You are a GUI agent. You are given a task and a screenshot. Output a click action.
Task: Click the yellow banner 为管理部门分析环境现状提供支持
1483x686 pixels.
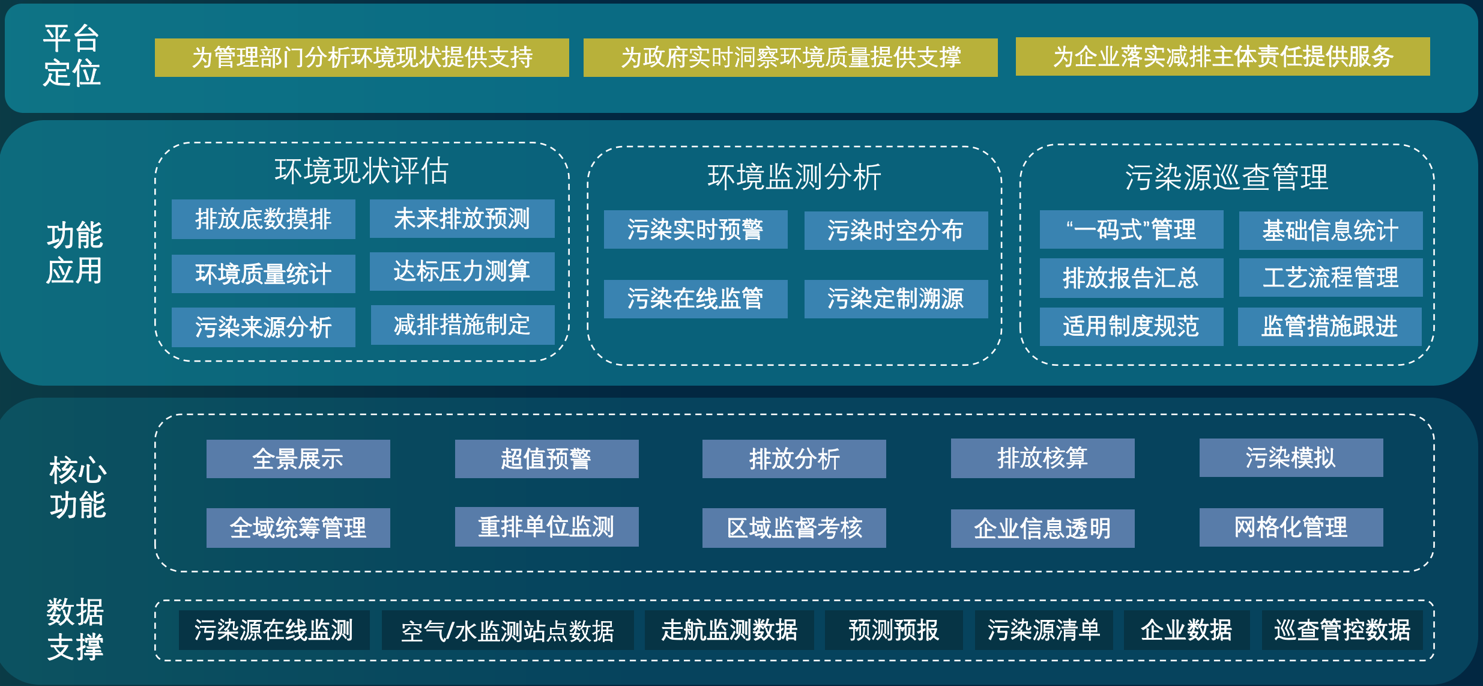pos(361,58)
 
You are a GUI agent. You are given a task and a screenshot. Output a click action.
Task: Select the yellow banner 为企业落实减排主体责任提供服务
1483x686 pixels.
pos(1222,56)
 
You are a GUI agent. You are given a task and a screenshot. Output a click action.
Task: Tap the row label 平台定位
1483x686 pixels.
pos(71,55)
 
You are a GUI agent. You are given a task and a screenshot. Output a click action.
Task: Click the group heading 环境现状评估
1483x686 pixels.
pos(361,171)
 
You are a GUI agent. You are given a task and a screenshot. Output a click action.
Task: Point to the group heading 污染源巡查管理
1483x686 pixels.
pos(1226,177)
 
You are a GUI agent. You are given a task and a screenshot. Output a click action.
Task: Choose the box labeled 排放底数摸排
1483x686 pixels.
pos(263,219)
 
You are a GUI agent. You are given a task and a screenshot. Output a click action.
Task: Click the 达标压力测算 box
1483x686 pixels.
pos(462,271)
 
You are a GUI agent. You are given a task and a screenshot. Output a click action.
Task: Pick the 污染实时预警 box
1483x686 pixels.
pos(695,229)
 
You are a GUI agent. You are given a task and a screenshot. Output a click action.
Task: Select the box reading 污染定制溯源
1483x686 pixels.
pos(896,299)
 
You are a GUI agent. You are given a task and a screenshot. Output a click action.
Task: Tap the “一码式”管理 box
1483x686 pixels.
pos(1131,229)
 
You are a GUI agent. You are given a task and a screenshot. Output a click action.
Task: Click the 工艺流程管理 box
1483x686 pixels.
pos(1330,278)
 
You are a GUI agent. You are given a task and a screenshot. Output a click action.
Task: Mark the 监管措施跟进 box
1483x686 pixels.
pos(1329,326)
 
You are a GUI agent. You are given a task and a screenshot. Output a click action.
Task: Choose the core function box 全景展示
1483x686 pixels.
pos(298,459)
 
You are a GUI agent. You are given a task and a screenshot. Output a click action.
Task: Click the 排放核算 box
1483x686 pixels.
pos(1042,458)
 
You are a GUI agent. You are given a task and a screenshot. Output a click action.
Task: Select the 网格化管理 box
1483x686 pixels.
pos(1291,527)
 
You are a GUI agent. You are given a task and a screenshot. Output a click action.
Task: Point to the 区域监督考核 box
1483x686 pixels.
pos(794,528)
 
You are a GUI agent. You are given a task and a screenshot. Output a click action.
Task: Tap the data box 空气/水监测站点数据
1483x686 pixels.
pos(507,630)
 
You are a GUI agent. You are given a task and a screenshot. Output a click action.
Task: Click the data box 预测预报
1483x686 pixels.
pos(893,630)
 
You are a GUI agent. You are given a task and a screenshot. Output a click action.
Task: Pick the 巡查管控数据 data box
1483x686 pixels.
pos(1342,630)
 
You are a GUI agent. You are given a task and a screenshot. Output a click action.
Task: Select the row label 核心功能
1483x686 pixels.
pos(77,487)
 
